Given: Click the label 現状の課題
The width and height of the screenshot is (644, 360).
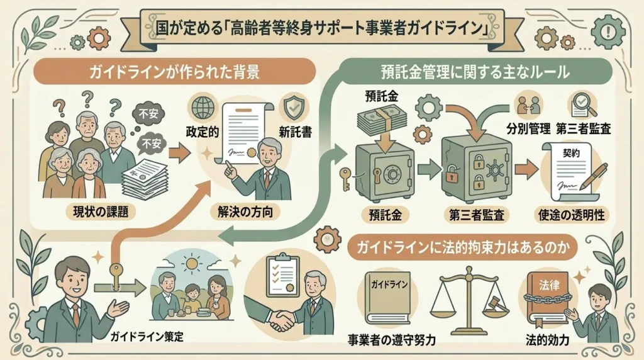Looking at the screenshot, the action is coord(101,211).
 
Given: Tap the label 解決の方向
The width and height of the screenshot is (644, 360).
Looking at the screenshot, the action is coord(245,211).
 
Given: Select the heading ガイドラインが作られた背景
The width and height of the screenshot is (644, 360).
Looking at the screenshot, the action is coord(174,72).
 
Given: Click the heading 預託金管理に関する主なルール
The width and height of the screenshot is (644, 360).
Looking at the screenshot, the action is coord(475,72).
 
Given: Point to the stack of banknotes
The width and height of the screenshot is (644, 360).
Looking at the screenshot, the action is coord(382,118).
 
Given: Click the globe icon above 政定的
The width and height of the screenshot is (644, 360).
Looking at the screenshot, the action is coord(203,108).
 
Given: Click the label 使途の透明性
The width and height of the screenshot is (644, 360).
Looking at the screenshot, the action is coord(571,215).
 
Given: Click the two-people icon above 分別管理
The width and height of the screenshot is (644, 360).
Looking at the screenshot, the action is coord(528,105).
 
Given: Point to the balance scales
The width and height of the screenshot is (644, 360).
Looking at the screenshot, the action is coord(469,300).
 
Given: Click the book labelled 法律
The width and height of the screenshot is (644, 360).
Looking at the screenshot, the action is coord(548,302).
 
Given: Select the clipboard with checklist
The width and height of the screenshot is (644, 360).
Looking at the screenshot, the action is coord(282,274).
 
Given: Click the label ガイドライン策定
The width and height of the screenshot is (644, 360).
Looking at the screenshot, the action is coord(147,337).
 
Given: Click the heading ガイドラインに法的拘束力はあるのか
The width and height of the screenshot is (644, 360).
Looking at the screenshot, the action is coord(463,248).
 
